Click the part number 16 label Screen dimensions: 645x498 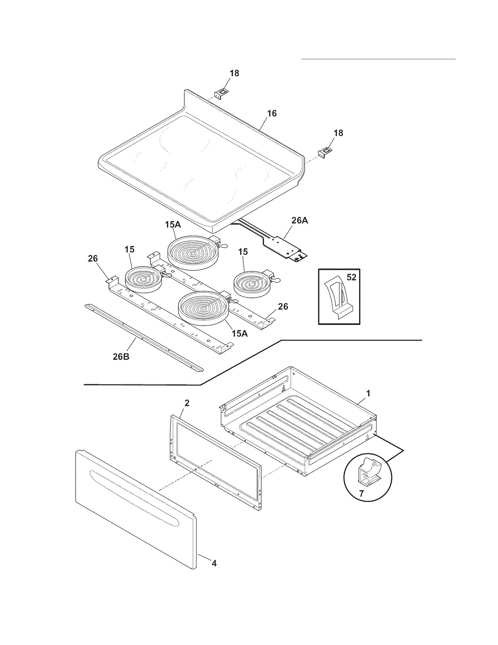[272, 113]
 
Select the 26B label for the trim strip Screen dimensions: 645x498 [121, 357]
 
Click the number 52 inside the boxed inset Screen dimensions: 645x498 [351, 277]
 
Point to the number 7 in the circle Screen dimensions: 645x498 [361, 493]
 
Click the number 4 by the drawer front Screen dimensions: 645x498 [214, 563]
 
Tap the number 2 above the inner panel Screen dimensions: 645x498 [187, 403]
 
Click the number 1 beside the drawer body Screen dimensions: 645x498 [368, 393]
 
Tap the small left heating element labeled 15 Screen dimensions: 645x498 [143, 279]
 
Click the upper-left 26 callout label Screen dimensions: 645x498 [93, 258]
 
